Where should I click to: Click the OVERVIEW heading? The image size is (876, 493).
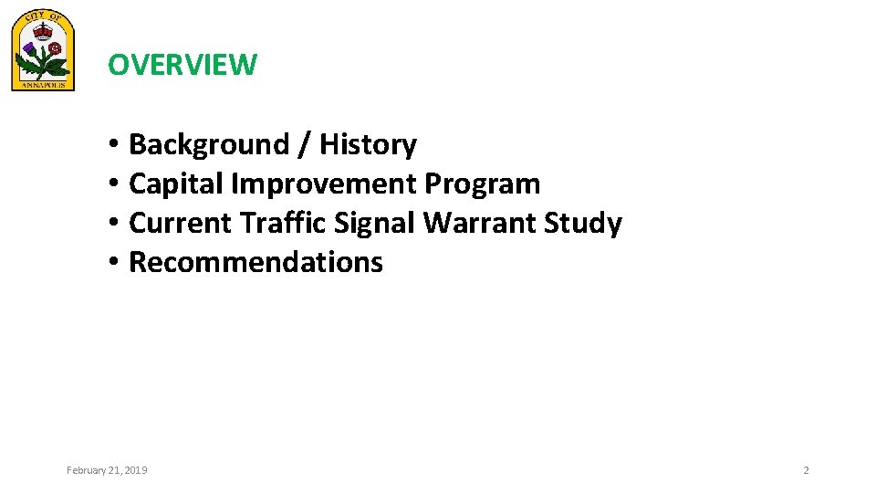click(x=182, y=65)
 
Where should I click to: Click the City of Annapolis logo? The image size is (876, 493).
click(x=43, y=51)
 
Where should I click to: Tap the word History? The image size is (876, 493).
click(x=368, y=144)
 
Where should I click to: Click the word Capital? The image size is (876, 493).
click(x=176, y=184)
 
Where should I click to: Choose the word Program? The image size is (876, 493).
click(x=483, y=184)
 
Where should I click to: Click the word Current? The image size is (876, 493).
click(x=181, y=223)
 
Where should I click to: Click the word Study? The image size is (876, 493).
click(x=584, y=223)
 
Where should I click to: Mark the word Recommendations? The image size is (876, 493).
click(x=255, y=262)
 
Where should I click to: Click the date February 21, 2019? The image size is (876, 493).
click(x=107, y=470)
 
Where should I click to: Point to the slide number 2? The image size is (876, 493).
click(x=806, y=470)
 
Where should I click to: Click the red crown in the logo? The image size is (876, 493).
click(x=43, y=29)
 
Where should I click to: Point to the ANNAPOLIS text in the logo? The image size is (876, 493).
click(x=43, y=84)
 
